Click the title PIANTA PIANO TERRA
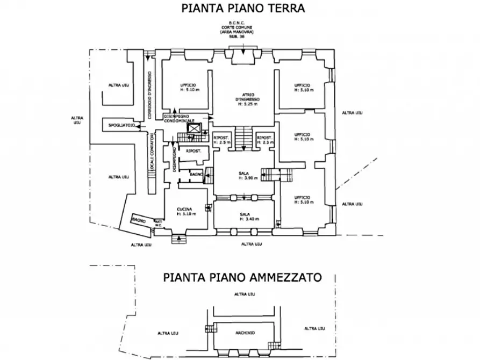pos(243,8)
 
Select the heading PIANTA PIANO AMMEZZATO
pos(242,277)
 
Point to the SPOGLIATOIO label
pos(120,125)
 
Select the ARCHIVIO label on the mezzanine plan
pos(245,333)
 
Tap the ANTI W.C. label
pos(159,224)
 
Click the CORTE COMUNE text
pos(243,26)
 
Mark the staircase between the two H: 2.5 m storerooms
pos(244,139)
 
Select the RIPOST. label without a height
pos(194,151)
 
